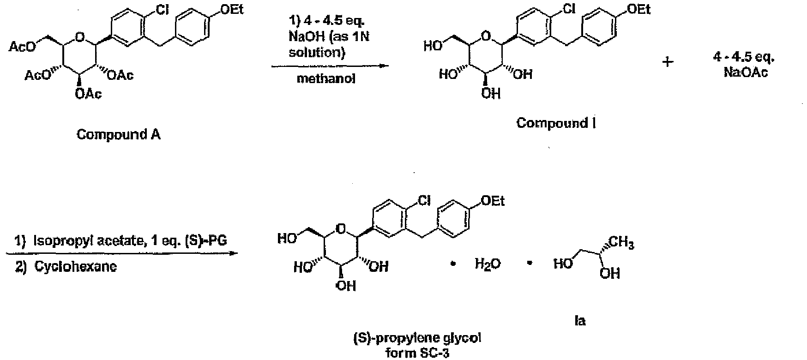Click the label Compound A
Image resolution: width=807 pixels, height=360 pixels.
point(118,135)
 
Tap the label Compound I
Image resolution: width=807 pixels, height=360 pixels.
point(556,123)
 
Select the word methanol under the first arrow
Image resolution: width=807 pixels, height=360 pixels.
point(326,78)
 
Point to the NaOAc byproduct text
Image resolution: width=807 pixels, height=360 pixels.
point(746,72)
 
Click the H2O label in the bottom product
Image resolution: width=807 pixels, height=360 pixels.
point(488,265)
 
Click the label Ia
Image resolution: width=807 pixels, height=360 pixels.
point(580,320)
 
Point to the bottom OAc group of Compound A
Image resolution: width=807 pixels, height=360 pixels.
point(89,95)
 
